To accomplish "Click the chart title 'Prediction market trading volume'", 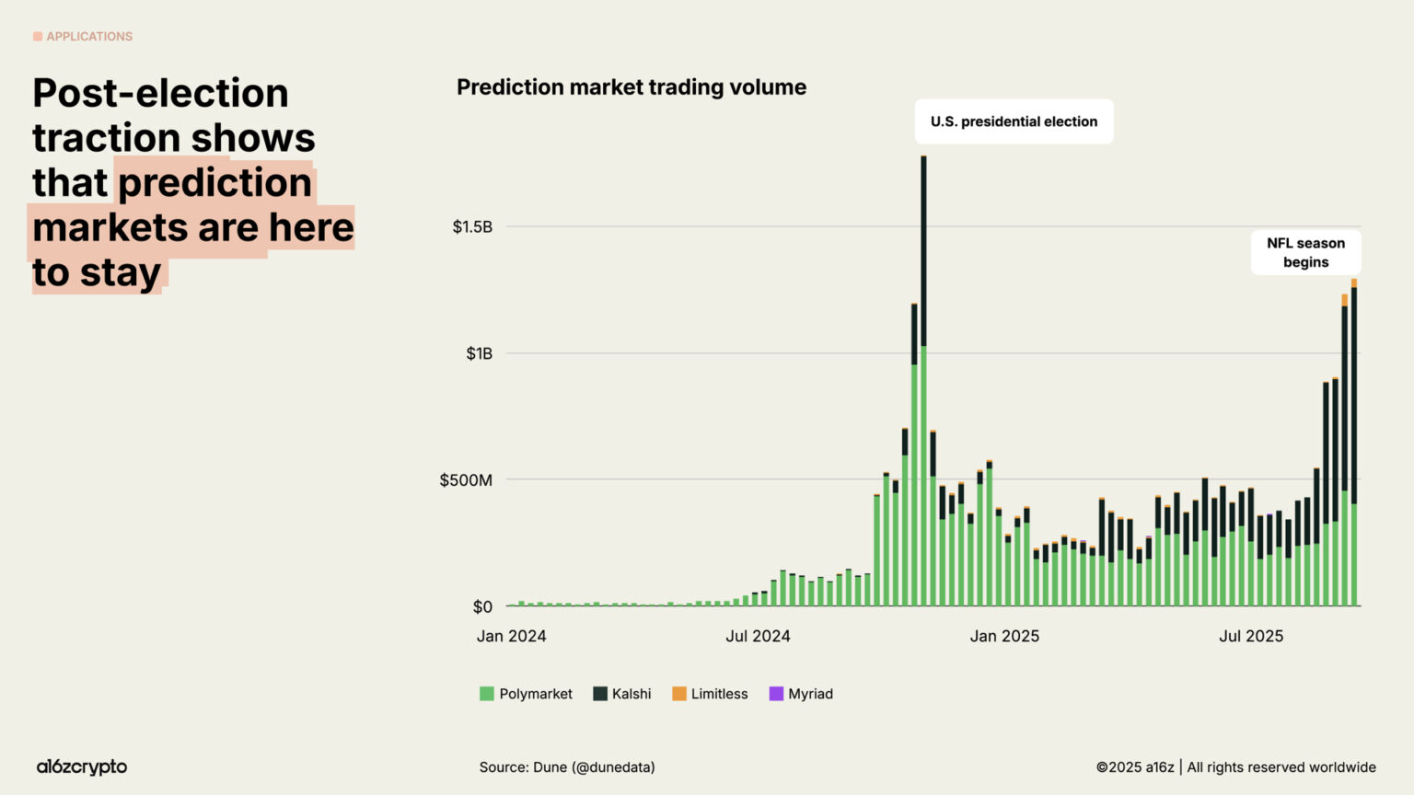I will [632, 87].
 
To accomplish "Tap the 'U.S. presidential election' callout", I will [1014, 121].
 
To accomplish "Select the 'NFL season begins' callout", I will [1305, 252].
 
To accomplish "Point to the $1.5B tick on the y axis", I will [472, 227].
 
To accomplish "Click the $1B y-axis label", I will [479, 353].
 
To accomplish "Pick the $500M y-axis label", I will [466, 480].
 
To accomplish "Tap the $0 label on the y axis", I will [482, 607].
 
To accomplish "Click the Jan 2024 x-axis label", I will [511, 637].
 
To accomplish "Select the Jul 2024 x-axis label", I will [758, 637].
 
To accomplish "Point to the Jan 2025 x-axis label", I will [1004, 637].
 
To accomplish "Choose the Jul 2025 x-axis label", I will [1251, 637].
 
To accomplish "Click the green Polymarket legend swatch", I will [487, 694].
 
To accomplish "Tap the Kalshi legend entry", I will [622, 694].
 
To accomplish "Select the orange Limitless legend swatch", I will [679, 694].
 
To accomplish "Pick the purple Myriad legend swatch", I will [776, 694].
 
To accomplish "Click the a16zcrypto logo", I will [82, 766].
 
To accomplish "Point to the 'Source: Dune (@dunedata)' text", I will [567, 767].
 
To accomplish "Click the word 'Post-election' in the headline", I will [161, 93].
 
